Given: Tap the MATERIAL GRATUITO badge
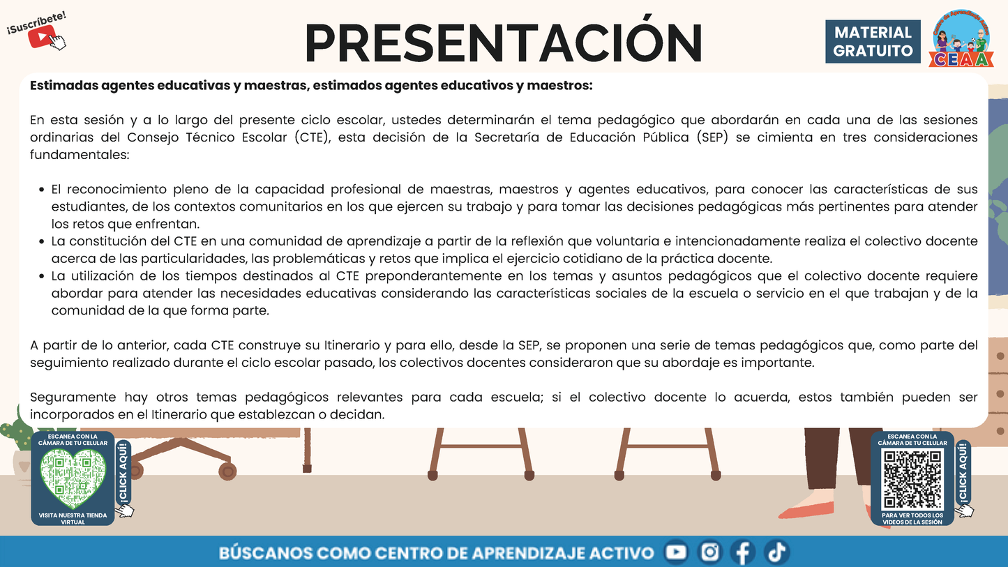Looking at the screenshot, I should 873,41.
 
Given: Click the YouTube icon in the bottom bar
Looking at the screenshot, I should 675,553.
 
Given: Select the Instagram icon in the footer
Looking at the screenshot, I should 709,553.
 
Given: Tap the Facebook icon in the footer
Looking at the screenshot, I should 742,553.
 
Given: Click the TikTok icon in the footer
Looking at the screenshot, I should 776,553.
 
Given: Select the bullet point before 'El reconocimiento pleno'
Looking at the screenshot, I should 42,190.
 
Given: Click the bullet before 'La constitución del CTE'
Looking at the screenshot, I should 42,242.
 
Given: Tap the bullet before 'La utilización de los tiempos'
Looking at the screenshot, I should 42,276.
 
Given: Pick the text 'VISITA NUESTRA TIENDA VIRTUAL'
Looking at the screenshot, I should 73,518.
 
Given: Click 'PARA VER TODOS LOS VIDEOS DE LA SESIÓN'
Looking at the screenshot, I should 912,518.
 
